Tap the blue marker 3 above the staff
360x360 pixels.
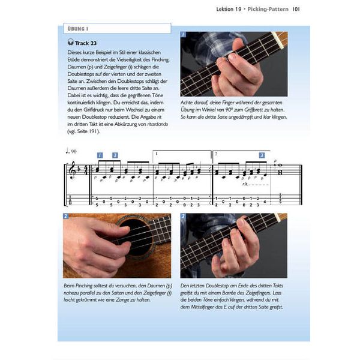(262, 155)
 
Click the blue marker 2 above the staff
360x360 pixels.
(115, 155)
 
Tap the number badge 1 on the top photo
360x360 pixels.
(184, 35)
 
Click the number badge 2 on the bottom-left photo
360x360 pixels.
(66, 217)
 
